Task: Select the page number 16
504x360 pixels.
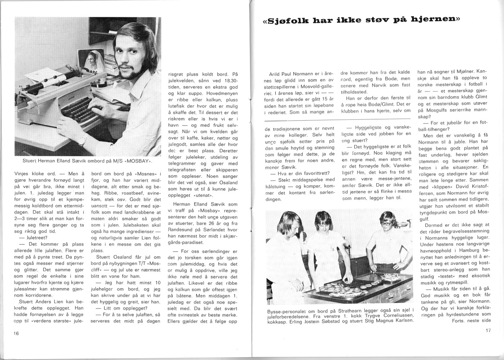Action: coord(16,333)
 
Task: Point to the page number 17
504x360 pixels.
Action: coord(488,330)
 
